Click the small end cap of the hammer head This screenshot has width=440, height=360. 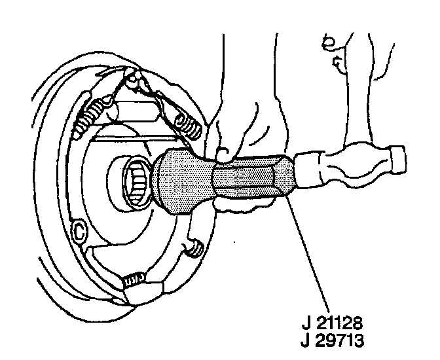tap(397, 160)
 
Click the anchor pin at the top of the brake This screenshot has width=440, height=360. tap(136, 82)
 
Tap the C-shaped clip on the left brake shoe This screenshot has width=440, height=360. tap(80, 230)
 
